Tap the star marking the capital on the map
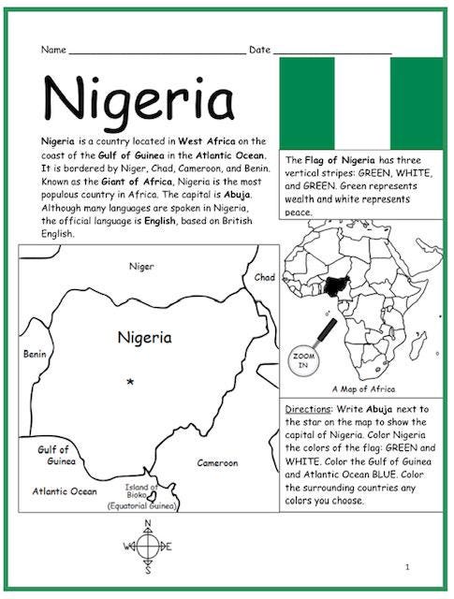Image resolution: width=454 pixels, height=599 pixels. pyautogui.click(x=130, y=381)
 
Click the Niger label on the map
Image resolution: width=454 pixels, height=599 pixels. pyautogui.click(x=141, y=267)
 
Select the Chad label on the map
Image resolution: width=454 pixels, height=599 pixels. pyautogui.click(x=265, y=278)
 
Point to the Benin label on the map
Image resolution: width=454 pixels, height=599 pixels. pyautogui.click(x=34, y=355)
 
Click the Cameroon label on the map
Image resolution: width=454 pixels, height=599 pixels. pyautogui.click(x=217, y=462)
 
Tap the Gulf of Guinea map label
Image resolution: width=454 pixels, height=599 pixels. pyautogui.click(x=53, y=455)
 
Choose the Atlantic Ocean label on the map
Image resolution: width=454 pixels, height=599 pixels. pyautogui.click(x=65, y=490)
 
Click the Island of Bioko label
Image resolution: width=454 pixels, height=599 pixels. pyautogui.click(x=141, y=492)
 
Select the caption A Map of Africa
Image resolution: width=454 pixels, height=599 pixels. pyautogui.click(x=363, y=388)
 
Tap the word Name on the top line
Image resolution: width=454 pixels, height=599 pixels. pyautogui.click(x=53, y=49)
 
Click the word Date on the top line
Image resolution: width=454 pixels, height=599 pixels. pyautogui.click(x=259, y=49)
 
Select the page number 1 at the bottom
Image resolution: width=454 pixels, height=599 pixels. pyautogui.click(x=408, y=567)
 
